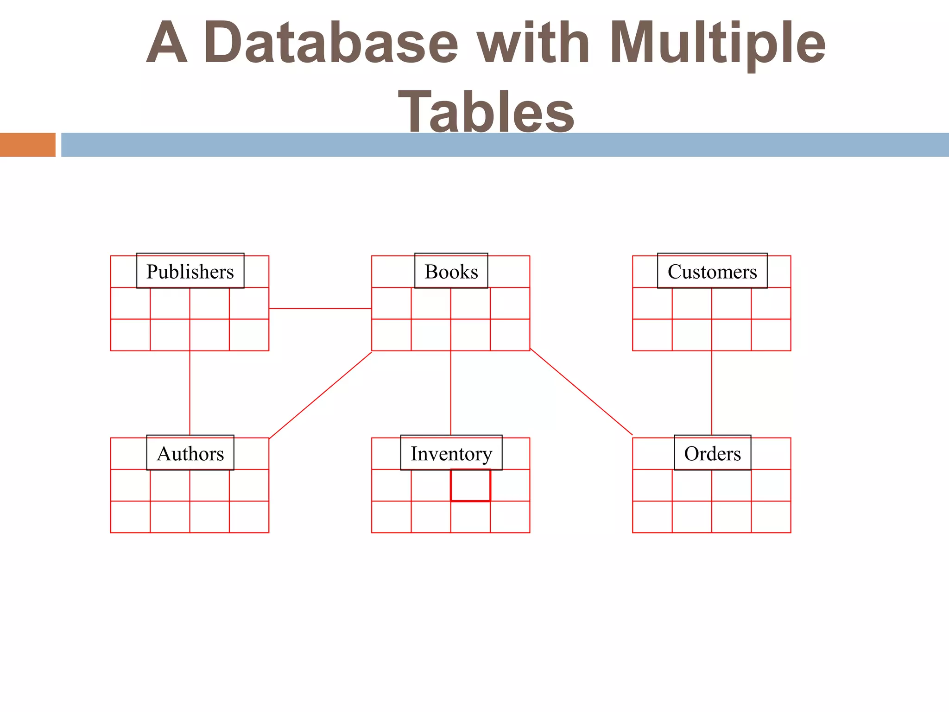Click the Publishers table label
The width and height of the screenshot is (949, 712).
click(x=190, y=271)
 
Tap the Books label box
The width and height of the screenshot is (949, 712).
click(x=451, y=271)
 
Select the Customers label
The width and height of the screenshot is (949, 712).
click(x=712, y=271)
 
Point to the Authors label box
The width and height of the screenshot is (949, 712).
click(x=190, y=453)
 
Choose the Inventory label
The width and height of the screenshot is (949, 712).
click(x=451, y=453)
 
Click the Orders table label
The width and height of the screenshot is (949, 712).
click(x=712, y=453)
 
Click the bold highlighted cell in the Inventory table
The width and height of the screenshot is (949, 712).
click(x=470, y=485)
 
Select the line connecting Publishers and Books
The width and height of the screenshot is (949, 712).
click(x=320, y=308)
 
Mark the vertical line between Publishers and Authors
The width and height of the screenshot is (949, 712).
click(x=190, y=394)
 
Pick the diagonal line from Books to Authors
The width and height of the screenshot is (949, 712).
click(x=320, y=395)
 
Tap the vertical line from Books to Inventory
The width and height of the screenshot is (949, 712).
click(x=451, y=394)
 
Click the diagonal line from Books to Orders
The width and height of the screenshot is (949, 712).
click(x=581, y=392)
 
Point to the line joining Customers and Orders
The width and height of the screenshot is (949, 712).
click(x=712, y=394)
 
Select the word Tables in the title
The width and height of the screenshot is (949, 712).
click(x=486, y=111)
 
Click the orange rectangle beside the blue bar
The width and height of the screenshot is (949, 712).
click(x=27, y=145)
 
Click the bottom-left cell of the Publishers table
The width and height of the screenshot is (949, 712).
click(x=130, y=335)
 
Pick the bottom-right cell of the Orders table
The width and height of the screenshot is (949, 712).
click(x=771, y=517)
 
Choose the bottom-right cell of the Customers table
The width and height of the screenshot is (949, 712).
click(x=771, y=335)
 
